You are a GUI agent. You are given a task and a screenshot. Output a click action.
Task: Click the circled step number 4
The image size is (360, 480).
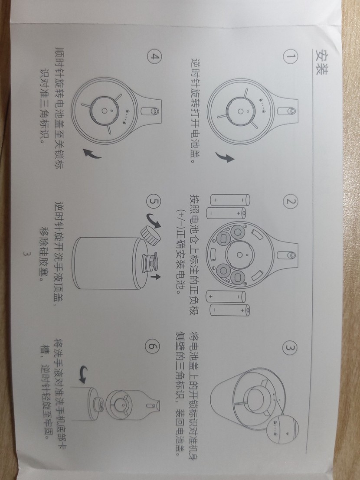tap(154, 57)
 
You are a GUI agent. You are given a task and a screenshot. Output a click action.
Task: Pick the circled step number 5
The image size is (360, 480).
tap(154, 202)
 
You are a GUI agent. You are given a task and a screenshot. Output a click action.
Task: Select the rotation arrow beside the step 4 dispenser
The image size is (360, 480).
tap(92, 154)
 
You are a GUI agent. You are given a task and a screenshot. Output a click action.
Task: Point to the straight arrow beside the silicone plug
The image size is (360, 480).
tap(155, 277)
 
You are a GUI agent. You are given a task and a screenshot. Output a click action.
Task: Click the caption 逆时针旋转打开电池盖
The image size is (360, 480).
tap(197, 111)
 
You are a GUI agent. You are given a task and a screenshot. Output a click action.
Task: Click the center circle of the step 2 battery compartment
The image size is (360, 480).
tap(240, 255)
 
